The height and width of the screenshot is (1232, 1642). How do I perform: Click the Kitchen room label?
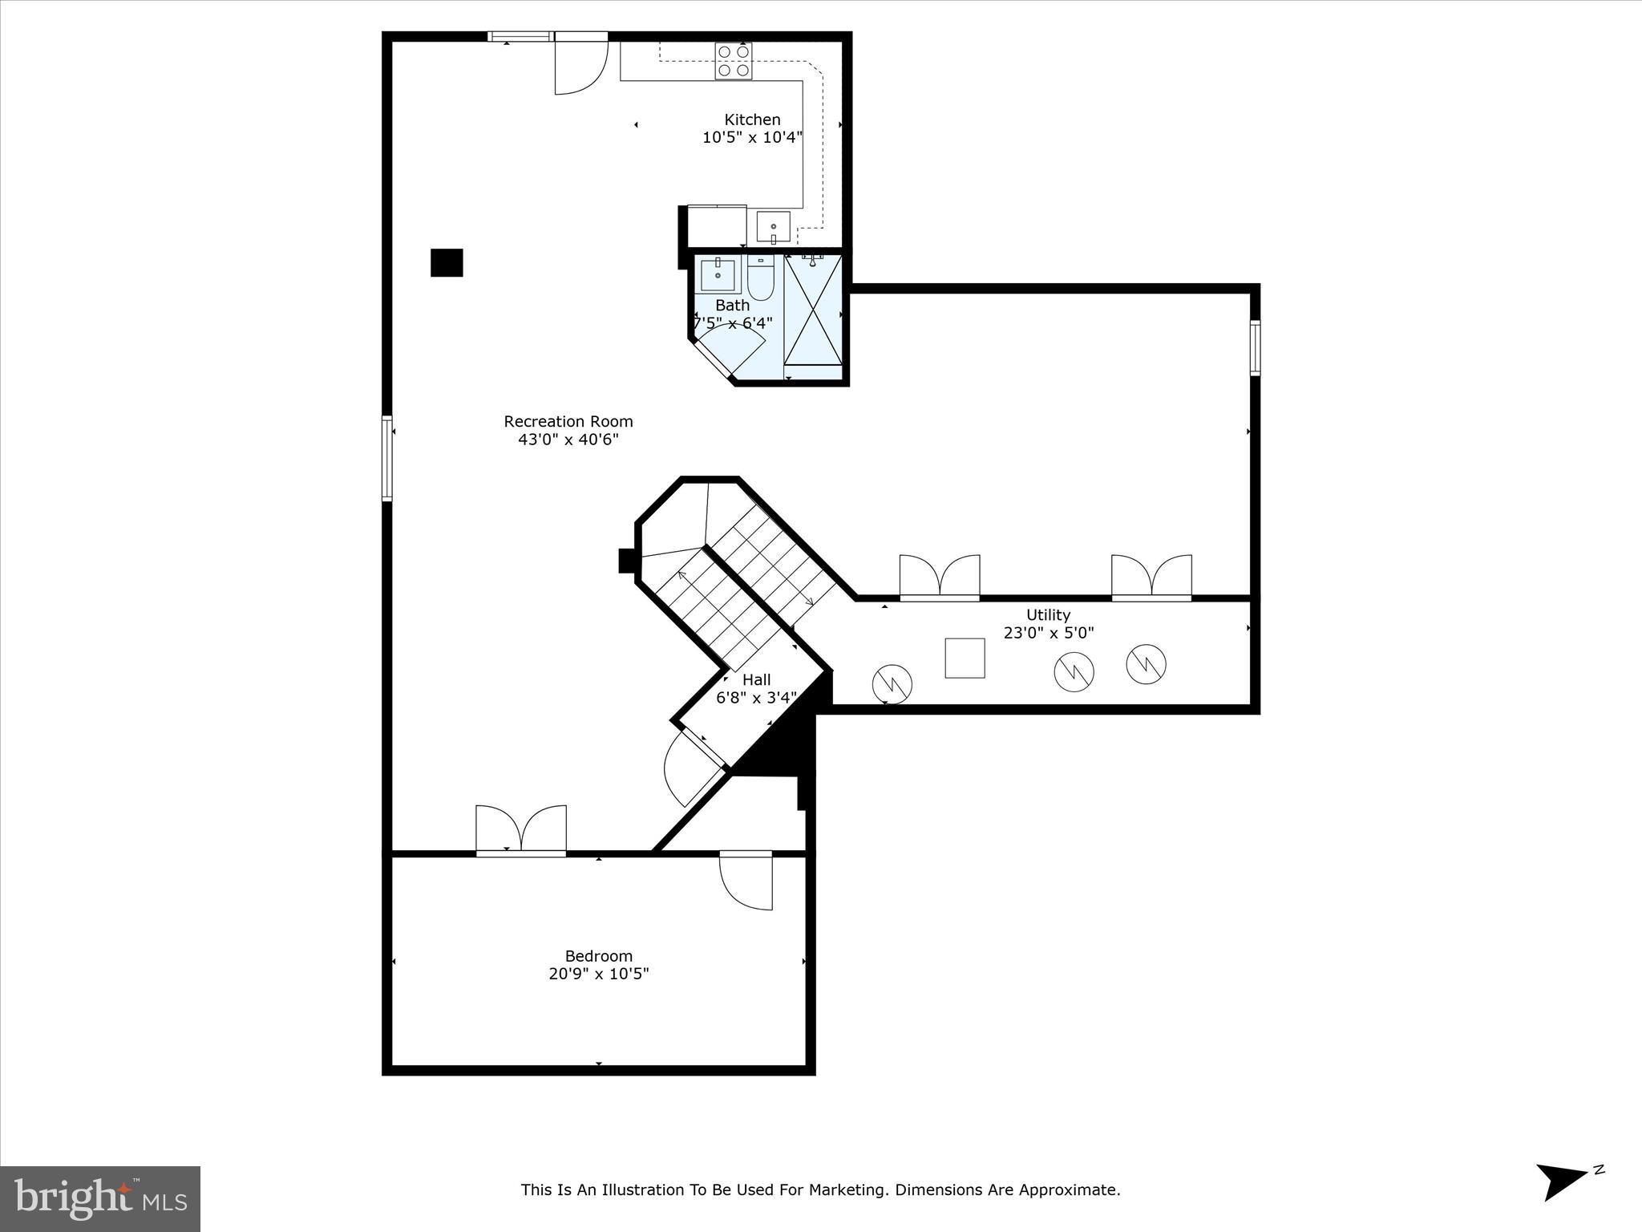pos(752,120)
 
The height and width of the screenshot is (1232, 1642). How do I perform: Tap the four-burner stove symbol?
pos(734,61)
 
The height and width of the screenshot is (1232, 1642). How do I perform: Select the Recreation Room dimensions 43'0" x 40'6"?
pos(568,440)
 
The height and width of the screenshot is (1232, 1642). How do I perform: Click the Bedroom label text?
pos(599,956)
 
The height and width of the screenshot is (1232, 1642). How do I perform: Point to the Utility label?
pos(1048,614)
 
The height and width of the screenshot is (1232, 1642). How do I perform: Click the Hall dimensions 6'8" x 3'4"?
pos(756,698)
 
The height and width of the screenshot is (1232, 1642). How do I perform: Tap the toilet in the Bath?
pos(760,278)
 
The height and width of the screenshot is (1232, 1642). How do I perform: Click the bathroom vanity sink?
pos(718,275)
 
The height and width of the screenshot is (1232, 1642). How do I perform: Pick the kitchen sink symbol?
pos(773,227)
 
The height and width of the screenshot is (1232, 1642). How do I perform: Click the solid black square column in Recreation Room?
pos(447,262)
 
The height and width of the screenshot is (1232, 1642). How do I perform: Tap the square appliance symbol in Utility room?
pos(965,658)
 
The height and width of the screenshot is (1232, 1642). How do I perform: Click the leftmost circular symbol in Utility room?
pos(892,683)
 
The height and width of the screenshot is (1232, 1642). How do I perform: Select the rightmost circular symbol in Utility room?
pos(1146,664)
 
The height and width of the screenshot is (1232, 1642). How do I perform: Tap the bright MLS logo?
pos(100,1198)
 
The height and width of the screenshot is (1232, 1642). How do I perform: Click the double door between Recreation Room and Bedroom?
pos(521,830)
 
